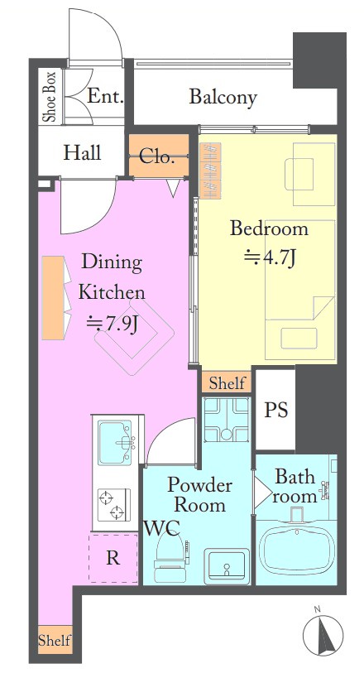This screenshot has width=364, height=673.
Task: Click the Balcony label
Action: coord(223,97)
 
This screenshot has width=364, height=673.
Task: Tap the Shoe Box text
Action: coord(50,97)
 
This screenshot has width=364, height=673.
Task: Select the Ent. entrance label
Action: coord(105,96)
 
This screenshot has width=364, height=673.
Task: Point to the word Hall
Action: coord(83,153)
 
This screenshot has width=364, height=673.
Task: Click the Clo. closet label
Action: coord(157,157)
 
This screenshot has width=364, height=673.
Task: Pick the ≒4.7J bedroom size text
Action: coord(270,258)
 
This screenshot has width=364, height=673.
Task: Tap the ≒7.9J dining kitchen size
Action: coord(112,324)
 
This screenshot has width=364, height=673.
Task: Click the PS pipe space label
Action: coord(276,410)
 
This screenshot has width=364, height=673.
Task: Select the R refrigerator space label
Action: coord(113,558)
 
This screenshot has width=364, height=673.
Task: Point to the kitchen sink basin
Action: coord(115,442)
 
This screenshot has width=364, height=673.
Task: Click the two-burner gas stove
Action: coord(114,505)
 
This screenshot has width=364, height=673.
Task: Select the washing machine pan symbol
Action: coord(227,420)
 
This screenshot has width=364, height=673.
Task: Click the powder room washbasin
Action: coord(227,565)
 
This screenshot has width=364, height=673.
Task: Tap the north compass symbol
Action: coord(323,634)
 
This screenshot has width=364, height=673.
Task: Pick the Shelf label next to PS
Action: coord(227,382)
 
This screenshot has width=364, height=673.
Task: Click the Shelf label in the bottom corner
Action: coord(55,641)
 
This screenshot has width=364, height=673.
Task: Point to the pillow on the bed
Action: coord(299,339)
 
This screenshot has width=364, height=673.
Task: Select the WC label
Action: coord(161,528)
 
